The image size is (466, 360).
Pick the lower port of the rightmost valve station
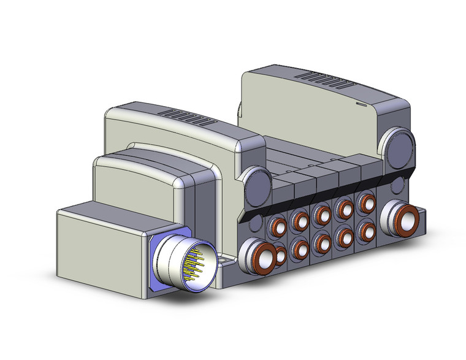click(x=367, y=230)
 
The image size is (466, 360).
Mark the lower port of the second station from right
click(x=343, y=236)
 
